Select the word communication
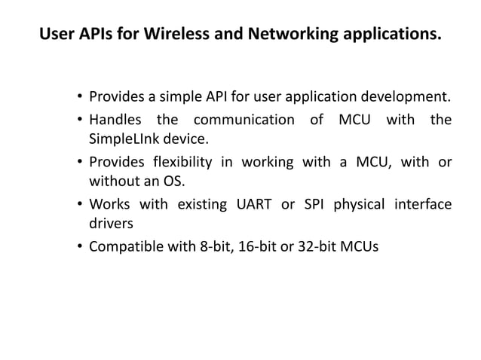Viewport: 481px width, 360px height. [x=247, y=120]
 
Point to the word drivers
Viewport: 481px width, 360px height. [x=112, y=224]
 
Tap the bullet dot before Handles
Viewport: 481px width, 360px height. [x=80, y=121]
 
